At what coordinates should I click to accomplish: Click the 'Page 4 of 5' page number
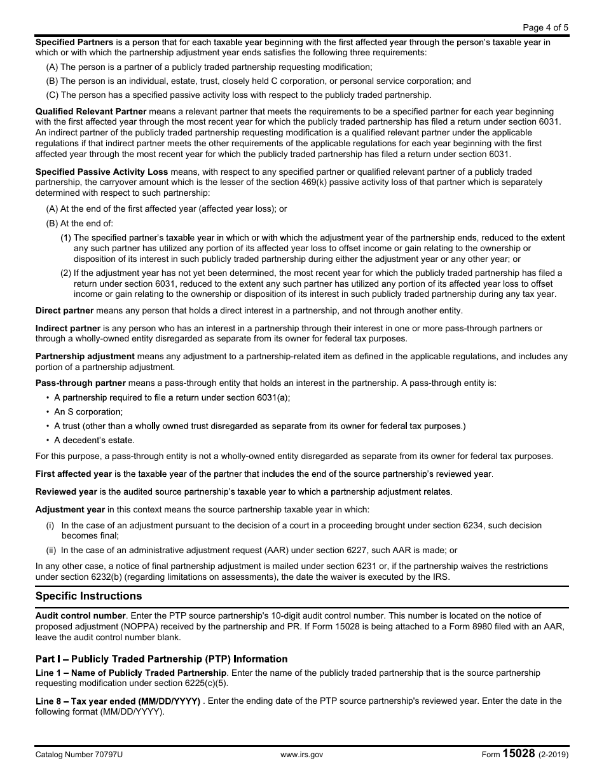(545, 27)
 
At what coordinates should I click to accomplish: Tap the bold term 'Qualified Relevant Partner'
(91, 111)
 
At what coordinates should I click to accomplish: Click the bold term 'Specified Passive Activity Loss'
(102, 172)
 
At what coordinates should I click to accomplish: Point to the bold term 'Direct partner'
(64, 310)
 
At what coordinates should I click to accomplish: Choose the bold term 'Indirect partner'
(68, 329)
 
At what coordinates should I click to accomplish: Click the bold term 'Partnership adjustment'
(85, 357)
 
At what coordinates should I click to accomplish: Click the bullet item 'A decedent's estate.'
(94, 440)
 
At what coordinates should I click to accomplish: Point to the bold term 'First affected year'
(73, 474)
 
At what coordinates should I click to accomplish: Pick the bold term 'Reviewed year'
(66, 492)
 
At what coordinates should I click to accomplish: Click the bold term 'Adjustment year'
(70, 510)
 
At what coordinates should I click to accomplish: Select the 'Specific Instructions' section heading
(88, 596)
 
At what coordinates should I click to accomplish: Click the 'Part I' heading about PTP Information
(161, 659)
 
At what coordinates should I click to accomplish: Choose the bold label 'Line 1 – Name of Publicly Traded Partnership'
(131, 673)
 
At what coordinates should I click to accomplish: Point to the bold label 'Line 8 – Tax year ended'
(118, 701)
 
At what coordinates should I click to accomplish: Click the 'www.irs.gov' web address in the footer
(301, 755)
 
